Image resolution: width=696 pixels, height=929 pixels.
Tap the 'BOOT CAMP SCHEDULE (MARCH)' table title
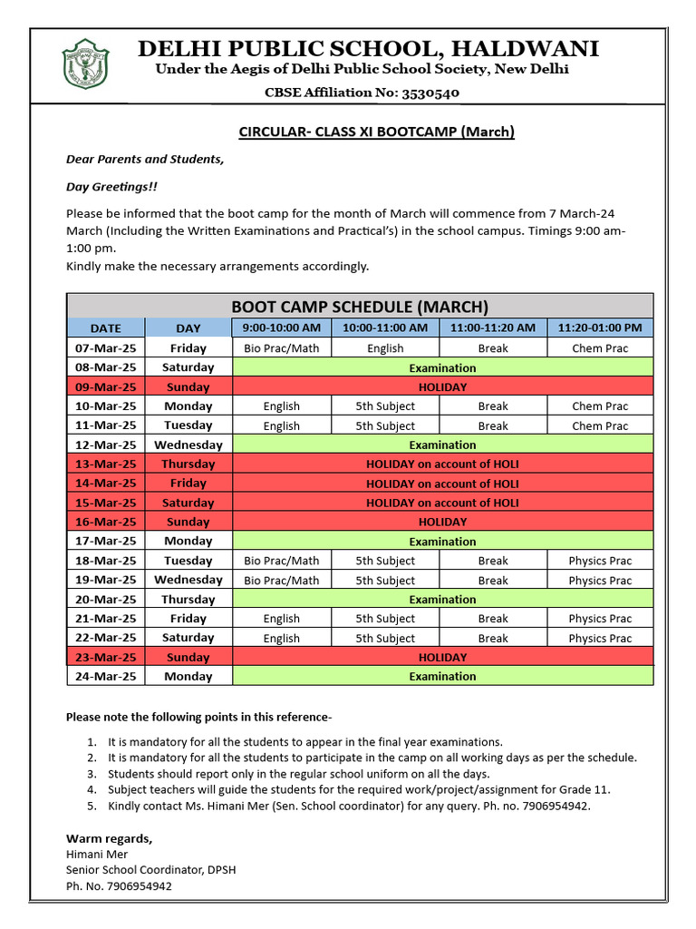pyautogui.click(x=360, y=306)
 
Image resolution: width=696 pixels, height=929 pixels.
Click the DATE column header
pyautogui.click(x=105, y=328)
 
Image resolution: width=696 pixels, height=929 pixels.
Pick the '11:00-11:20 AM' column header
pyautogui.click(x=493, y=328)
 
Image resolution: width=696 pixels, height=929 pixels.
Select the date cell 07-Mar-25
pyautogui.click(x=105, y=348)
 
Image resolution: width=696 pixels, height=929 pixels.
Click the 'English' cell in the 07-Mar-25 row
pyautogui.click(x=385, y=348)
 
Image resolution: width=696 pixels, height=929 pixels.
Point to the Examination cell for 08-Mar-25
pyautogui.click(x=442, y=367)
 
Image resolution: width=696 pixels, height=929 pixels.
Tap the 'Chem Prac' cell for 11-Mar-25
pyautogui.click(x=599, y=425)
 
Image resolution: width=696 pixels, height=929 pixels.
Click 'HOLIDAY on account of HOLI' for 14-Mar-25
pyautogui.click(x=442, y=484)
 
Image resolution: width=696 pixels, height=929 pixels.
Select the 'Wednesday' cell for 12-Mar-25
pyautogui.click(x=188, y=445)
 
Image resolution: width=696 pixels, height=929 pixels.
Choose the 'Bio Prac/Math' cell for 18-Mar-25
pyautogui.click(x=282, y=561)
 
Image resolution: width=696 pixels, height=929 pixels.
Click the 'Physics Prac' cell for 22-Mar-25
pyautogui.click(x=599, y=638)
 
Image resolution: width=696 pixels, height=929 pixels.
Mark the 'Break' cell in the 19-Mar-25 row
pyautogui.click(x=493, y=581)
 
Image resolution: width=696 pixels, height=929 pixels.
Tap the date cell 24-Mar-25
pyautogui.click(x=105, y=677)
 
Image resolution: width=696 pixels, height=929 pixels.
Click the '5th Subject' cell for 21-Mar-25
pyautogui.click(x=385, y=619)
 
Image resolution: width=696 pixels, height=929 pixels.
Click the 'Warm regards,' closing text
pyautogui.click(x=110, y=837)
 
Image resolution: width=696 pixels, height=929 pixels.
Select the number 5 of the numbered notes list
pyautogui.click(x=92, y=806)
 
